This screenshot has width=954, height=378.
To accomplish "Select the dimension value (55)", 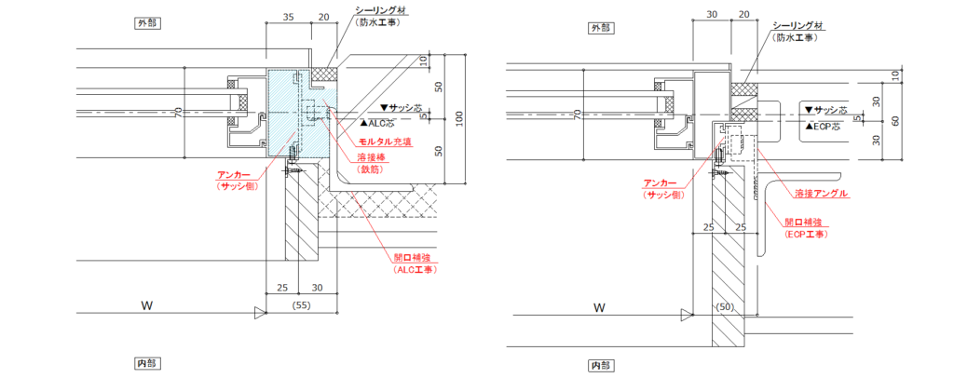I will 301,304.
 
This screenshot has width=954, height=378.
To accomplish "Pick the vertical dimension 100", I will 457,118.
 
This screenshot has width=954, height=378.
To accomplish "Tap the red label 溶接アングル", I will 821,194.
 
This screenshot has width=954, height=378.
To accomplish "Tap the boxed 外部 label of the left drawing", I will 146,23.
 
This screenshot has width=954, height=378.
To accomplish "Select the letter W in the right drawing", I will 600,306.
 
